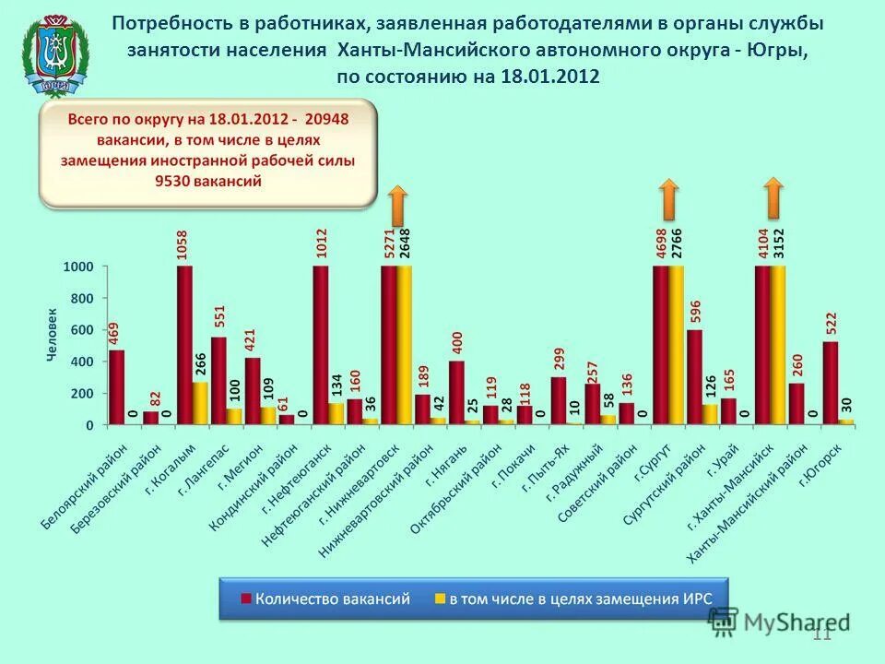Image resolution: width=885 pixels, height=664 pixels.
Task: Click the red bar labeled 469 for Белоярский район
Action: (117, 387)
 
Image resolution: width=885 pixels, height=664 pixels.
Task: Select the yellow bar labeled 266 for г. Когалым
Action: (200, 403)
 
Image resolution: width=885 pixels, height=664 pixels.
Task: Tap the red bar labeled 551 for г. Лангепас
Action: (218, 380)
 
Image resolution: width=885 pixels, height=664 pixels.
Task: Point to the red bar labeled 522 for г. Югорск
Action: (830, 383)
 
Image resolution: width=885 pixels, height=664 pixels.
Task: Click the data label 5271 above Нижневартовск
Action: (389, 243)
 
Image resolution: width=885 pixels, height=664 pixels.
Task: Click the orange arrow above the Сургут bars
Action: (669, 198)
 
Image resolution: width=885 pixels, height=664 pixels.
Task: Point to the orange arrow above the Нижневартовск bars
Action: (397, 204)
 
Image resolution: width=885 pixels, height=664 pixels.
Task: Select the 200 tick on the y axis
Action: (82, 394)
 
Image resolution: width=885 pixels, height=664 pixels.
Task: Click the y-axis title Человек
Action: (53, 335)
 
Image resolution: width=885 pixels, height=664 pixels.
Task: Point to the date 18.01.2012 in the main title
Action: (550, 77)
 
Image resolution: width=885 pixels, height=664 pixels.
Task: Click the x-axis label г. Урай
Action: (724, 457)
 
